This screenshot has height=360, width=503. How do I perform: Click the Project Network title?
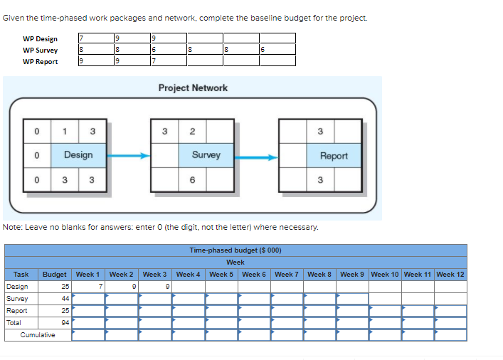[193, 88]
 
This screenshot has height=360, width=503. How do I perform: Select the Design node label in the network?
[78, 155]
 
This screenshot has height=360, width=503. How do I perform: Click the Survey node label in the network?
[206, 154]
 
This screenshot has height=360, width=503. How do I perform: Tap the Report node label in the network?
[334, 156]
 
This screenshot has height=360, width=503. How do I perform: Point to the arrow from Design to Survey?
[129, 155]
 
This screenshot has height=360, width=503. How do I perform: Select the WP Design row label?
[40, 38]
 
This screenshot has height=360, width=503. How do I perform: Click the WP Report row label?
[40, 61]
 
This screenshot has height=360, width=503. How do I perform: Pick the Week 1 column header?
[88, 275]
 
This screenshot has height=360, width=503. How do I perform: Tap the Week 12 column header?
[450, 275]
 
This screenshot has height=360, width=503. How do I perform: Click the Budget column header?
[55, 275]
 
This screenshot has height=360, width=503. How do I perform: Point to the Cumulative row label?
[38, 335]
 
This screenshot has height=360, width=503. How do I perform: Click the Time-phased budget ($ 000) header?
[235, 250]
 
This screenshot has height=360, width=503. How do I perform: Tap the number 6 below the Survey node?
[192, 180]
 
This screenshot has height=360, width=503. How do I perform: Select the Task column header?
[21, 275]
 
